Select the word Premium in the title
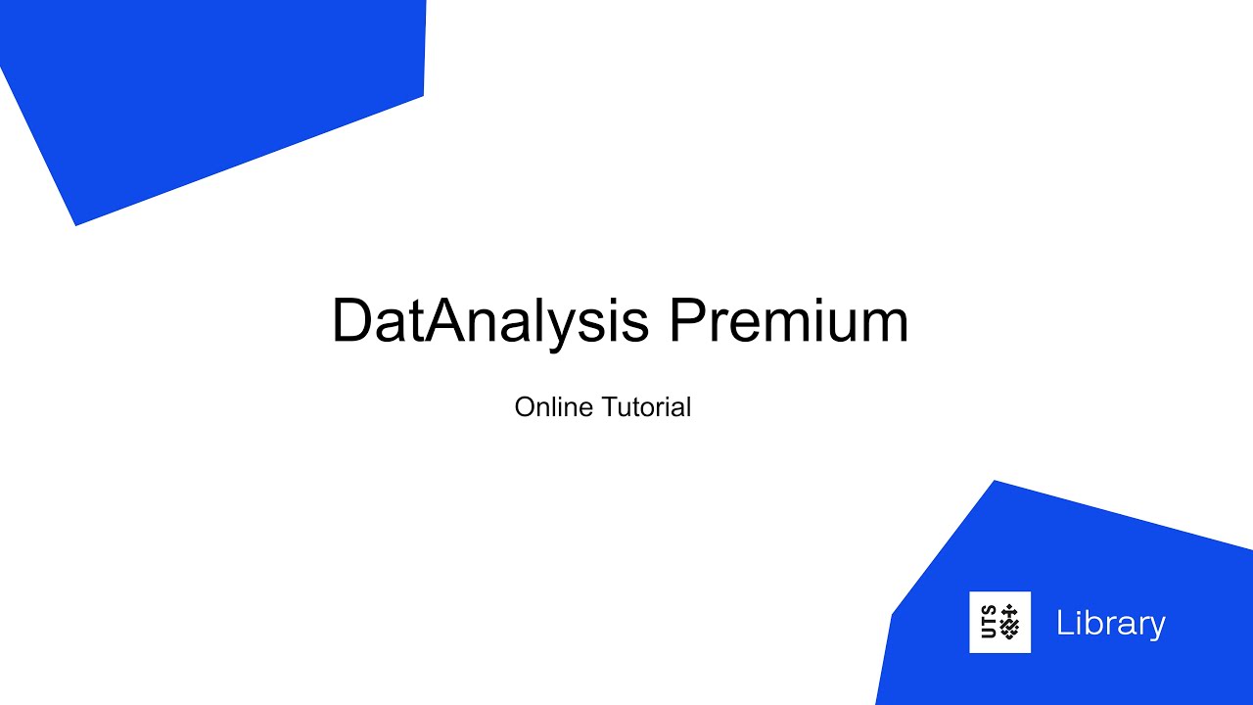pos(788,321)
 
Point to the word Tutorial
pos(647,406)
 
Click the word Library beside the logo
pos(1110,623)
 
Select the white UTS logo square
pos(999,622)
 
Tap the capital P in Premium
pos(690,320)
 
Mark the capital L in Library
pos(1063,623)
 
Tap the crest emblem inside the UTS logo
pos(1009,623)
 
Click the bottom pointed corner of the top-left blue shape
pos(76,224)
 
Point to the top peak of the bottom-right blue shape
pos(995,482)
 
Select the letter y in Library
pos(1155,629)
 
